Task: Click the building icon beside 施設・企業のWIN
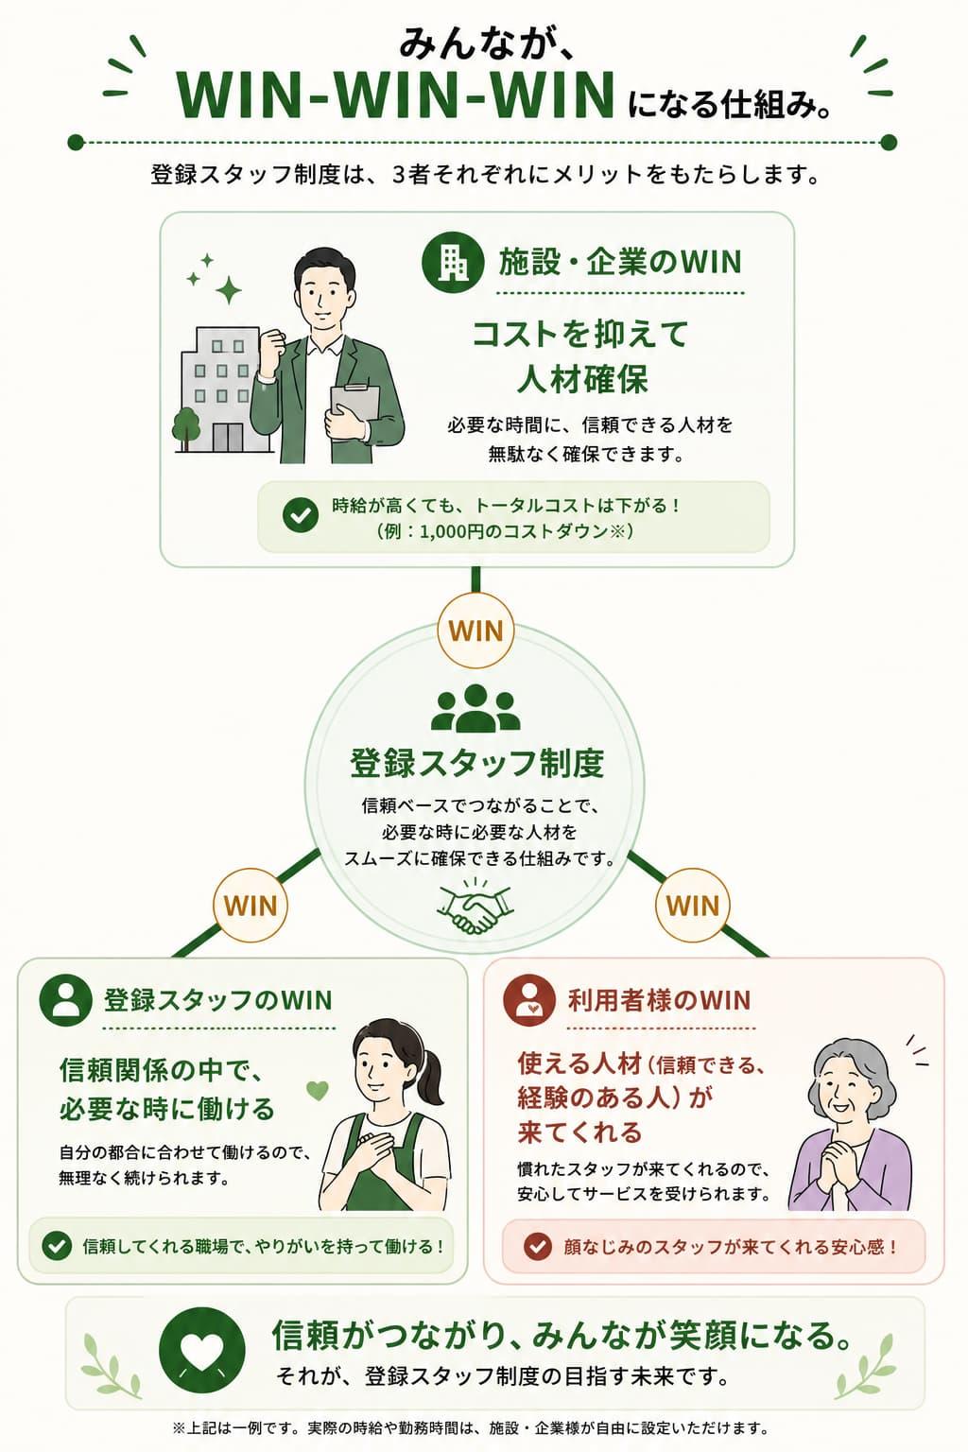453,263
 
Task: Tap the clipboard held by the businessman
354,406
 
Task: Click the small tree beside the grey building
185,426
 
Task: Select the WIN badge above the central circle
475,631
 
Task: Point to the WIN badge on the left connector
251,905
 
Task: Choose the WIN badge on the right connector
693,905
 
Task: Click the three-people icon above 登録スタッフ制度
475,708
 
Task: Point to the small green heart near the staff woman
317,1090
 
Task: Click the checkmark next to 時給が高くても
301,515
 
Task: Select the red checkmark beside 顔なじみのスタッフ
537,1246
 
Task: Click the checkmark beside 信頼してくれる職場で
57,1246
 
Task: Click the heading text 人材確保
582,379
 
